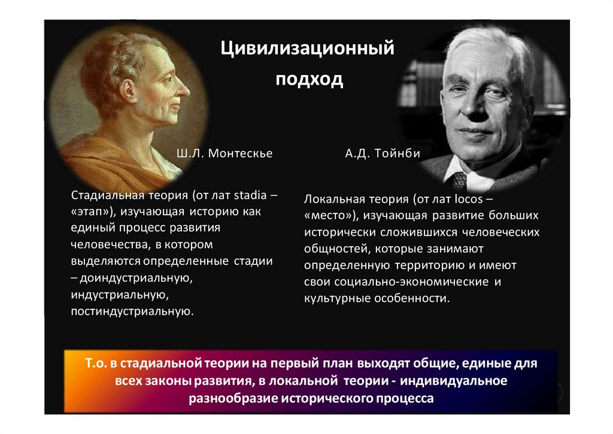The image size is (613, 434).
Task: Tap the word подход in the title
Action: click(x=309, y=80)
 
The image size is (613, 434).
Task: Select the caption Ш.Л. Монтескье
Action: click(x=224, y=154)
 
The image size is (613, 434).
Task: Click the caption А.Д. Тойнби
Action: click(x=382, y=154)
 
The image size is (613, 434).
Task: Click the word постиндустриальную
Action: click(x=132, y=312)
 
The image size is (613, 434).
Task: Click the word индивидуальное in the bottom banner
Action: click(x=457, y=381)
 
